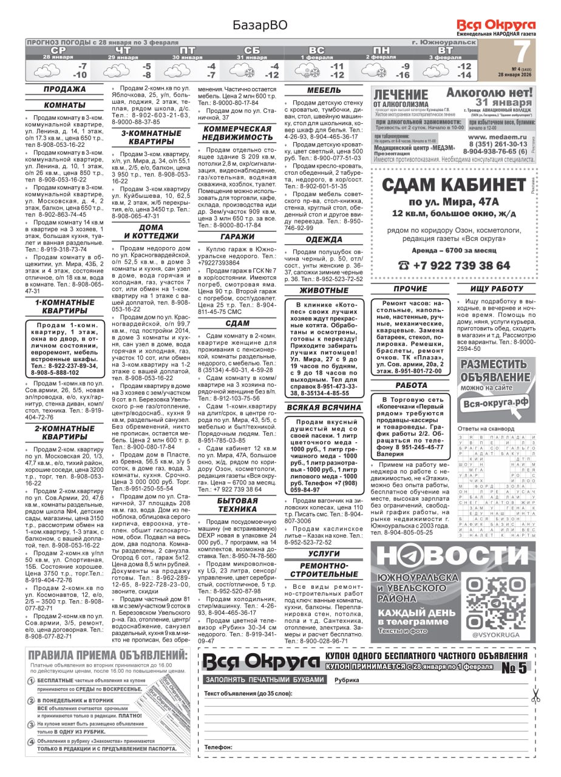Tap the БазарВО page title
click(259, 25)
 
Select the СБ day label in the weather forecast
click(251, 50)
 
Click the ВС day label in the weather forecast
click(316, 50)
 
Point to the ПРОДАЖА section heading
click(64, 90)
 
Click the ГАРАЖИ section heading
click(238, 237)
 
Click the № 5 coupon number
click(514, 668)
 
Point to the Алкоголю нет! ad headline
click(489, 93)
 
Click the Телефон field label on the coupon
click(218, 747)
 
